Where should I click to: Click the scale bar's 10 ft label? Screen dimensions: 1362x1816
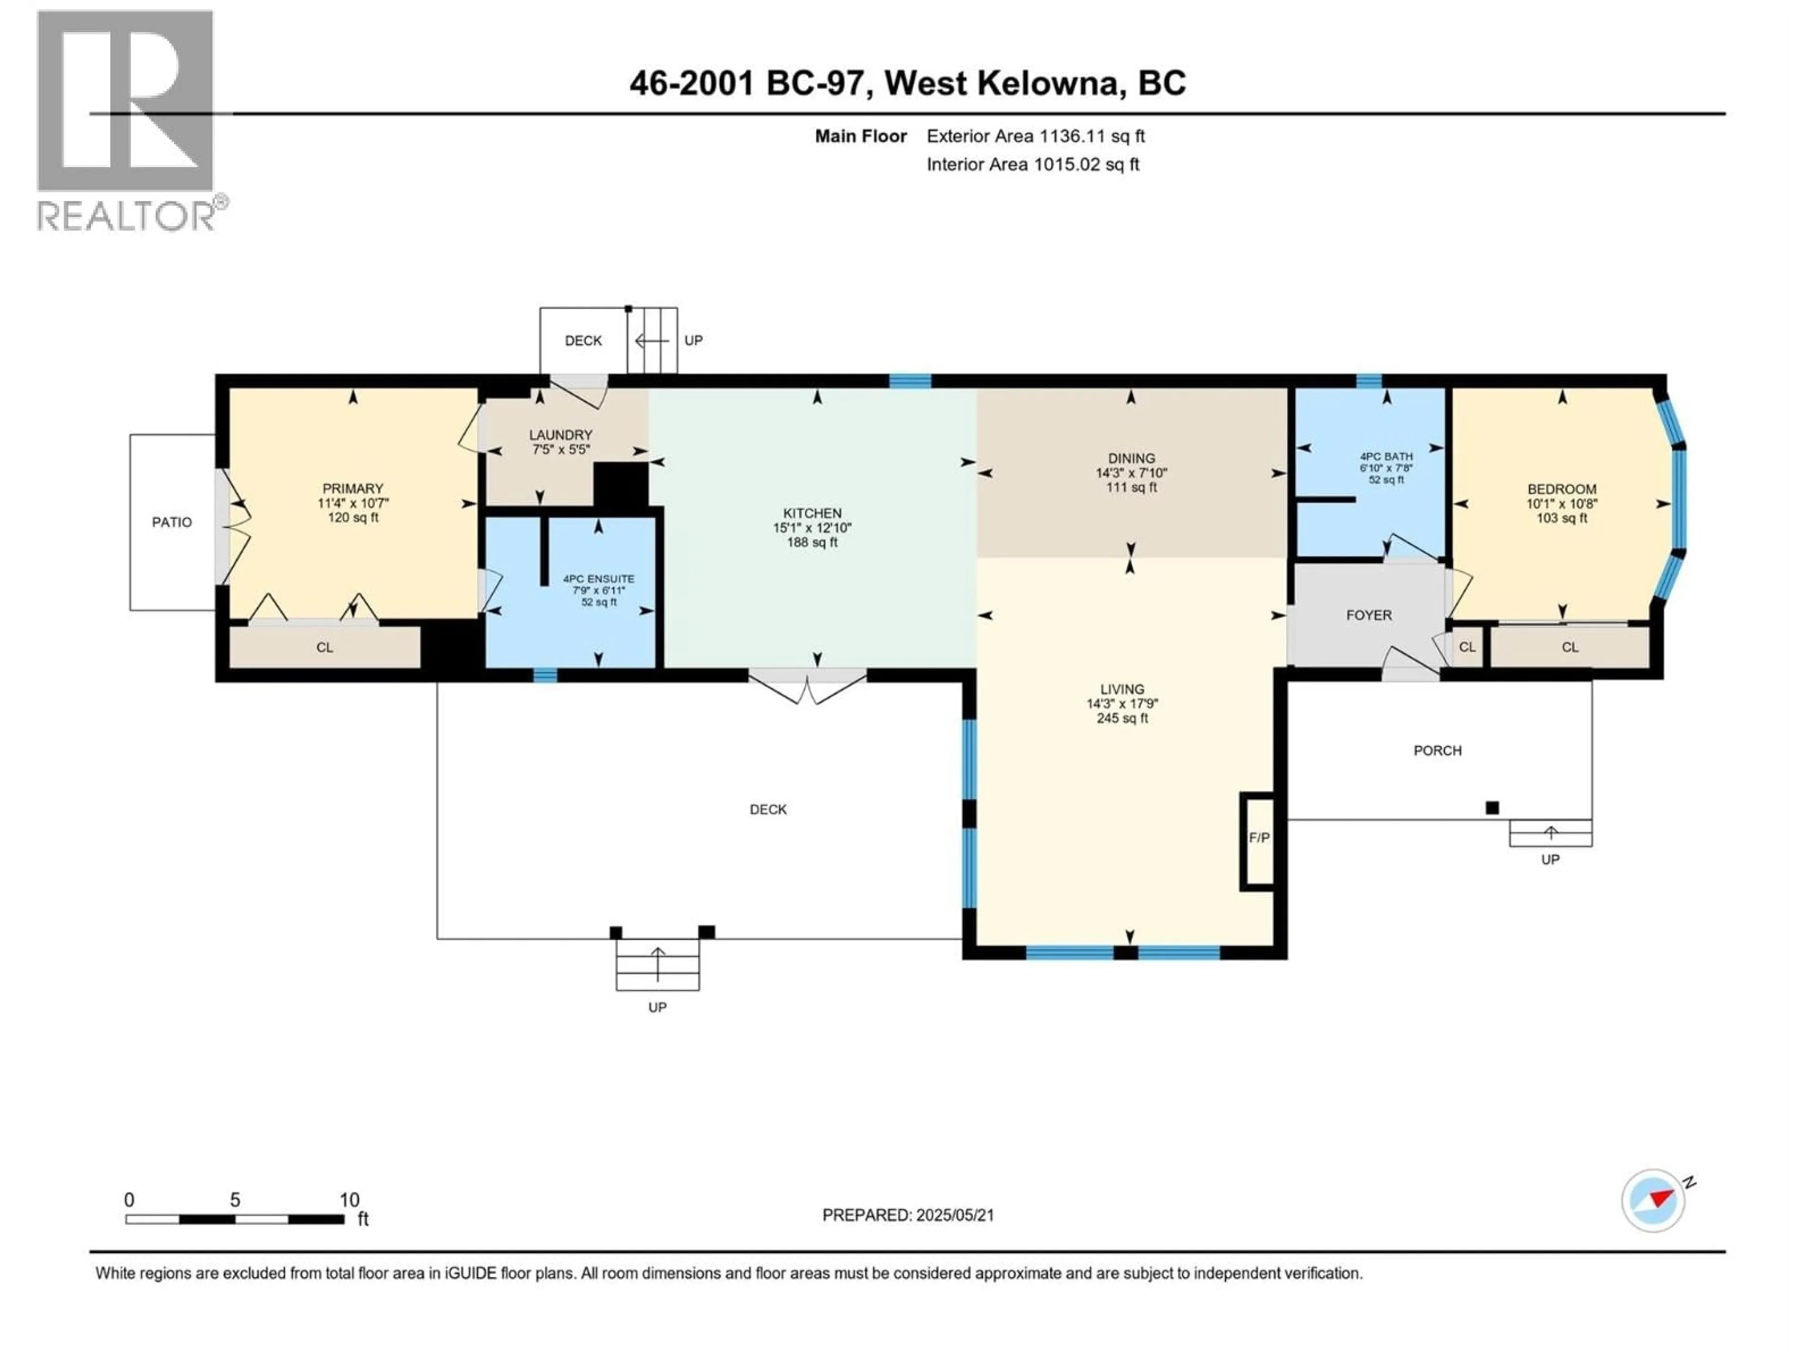point(350,1200)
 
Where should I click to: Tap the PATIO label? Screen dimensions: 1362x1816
point(172,522)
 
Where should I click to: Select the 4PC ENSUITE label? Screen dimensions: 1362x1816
point(599,579)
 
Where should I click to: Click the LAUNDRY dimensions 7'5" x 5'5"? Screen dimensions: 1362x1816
point(561,450)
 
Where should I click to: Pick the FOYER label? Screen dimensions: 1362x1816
point(1369,615)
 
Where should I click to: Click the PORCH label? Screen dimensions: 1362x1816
point(1438,751)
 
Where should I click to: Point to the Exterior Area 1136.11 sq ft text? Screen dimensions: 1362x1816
point(1035,136)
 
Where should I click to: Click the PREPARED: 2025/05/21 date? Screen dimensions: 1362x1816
point(908,1215)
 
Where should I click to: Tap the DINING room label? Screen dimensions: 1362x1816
point(1131,458)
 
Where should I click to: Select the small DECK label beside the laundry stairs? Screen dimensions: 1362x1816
point(583,340)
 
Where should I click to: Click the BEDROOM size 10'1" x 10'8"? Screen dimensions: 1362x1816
point(1562,504)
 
